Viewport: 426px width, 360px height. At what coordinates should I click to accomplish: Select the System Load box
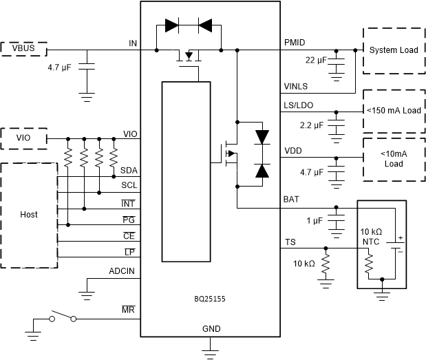coord(393,51)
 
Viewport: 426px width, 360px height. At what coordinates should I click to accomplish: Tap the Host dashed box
coord(29,215)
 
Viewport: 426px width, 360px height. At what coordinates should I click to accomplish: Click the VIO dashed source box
coord(23,138)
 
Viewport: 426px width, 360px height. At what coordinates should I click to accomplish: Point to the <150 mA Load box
coord(393,109)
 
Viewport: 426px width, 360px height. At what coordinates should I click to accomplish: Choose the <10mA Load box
coord(393,160)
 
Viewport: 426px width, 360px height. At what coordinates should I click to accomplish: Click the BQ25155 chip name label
coord(210,299)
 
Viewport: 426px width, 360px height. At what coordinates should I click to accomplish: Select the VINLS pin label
coord(296,86)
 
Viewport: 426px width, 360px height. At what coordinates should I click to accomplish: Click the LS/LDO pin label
coord(297,103)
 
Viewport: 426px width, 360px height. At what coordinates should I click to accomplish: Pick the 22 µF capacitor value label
coord(315,61)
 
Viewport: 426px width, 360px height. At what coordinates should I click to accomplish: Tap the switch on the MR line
coord(62,317)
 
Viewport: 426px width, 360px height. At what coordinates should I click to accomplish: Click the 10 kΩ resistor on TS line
coord(326,265)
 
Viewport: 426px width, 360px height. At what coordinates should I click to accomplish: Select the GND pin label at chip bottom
coord(211,329)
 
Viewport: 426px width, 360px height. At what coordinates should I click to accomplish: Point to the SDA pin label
coord(128,170)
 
